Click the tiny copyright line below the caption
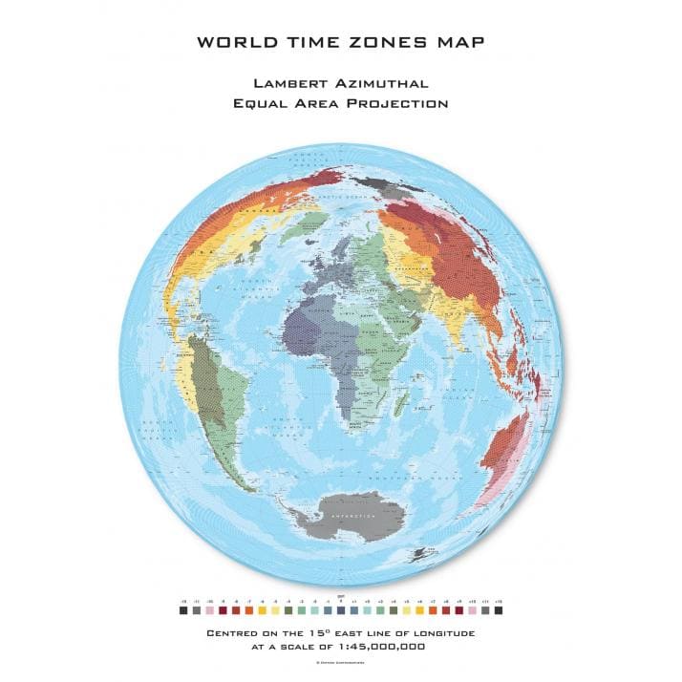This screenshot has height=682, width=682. pos(341,662)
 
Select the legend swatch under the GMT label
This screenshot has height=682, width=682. pos(341,609)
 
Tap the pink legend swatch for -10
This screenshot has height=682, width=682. pos(209,609)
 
